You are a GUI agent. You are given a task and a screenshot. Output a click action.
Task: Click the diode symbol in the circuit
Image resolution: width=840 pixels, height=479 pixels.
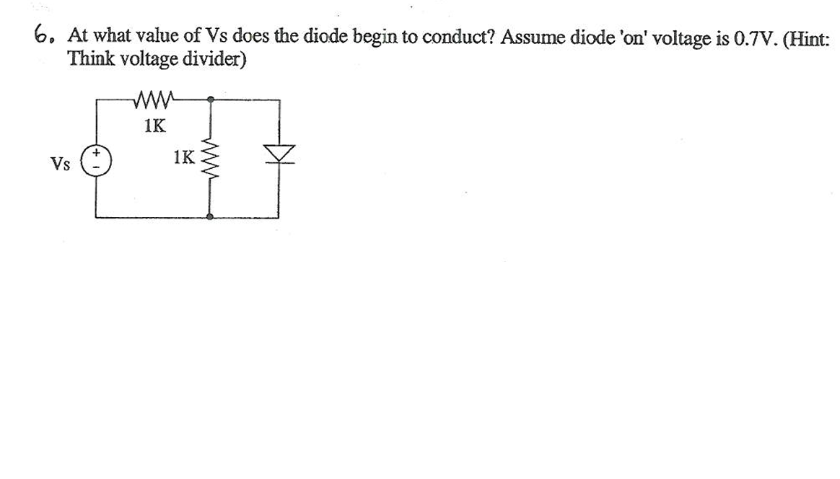279,153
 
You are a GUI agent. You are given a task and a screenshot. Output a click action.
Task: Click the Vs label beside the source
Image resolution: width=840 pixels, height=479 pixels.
61,164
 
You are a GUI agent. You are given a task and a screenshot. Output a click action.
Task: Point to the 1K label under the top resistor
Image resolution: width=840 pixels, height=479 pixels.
154,126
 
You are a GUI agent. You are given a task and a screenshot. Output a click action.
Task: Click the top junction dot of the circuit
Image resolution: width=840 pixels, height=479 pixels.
210,99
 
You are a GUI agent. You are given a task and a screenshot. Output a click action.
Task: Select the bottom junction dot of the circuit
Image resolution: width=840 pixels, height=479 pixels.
210,216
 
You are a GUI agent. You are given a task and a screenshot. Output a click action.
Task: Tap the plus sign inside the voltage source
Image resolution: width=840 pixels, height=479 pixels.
95,154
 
